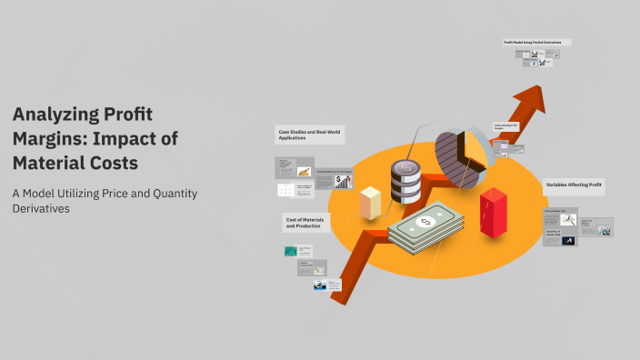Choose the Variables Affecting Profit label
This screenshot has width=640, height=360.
pos(574,184)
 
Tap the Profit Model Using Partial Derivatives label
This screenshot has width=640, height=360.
pos(536,42)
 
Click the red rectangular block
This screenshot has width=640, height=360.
pos(492,212)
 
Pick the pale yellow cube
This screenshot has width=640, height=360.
pos(370,202)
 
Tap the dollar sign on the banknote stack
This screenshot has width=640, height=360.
pos(424,222)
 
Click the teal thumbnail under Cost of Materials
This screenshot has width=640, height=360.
pos(291,251)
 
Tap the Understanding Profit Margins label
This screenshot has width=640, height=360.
pos(505,126)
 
